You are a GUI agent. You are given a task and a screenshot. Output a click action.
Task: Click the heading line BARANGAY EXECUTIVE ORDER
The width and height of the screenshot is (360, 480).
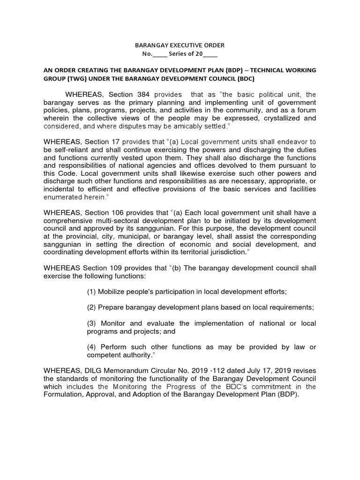pyautogui.click(x=180, y=45)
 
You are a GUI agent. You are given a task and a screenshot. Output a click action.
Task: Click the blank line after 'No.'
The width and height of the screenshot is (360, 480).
pyautogui.click(x=160, y=54)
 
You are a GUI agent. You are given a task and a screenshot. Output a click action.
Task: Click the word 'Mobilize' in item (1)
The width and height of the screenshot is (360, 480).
pyautogui.click(x=115, y=292)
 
